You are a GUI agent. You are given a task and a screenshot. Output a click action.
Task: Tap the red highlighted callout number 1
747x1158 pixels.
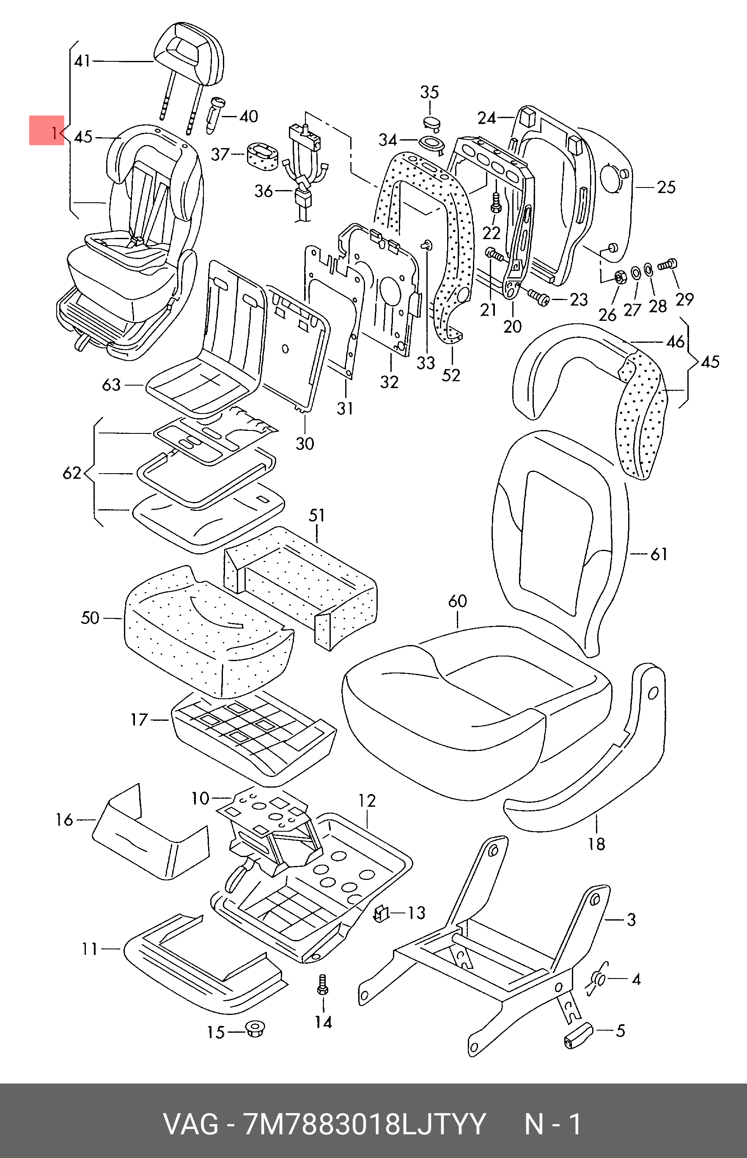[47, 130]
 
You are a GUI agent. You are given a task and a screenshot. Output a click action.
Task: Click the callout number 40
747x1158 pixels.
[248, 116]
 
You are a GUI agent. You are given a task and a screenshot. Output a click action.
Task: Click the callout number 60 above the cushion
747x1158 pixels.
[457, 601]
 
